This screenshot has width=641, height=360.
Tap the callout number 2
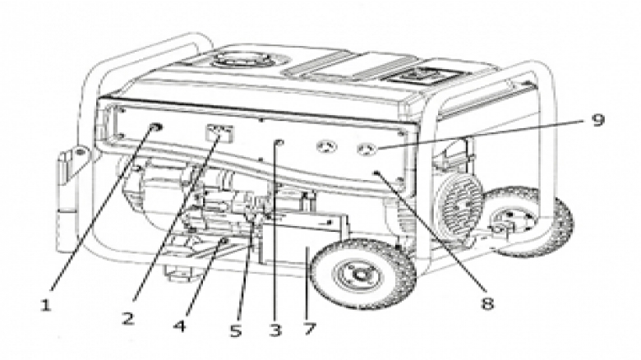tap(127, 318)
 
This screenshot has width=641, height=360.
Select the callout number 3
tap(274, 330)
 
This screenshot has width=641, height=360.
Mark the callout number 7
tap(309, 330)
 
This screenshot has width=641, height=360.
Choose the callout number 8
tap(487, 305)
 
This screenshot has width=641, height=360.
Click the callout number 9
tap(597, 121)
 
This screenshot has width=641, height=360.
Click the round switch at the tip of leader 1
tap(155, 127)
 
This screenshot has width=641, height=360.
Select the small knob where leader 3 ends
tap(279, 144)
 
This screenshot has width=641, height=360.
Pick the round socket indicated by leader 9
tap(367, 150)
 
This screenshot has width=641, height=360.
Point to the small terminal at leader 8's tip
tap(376, 173)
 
